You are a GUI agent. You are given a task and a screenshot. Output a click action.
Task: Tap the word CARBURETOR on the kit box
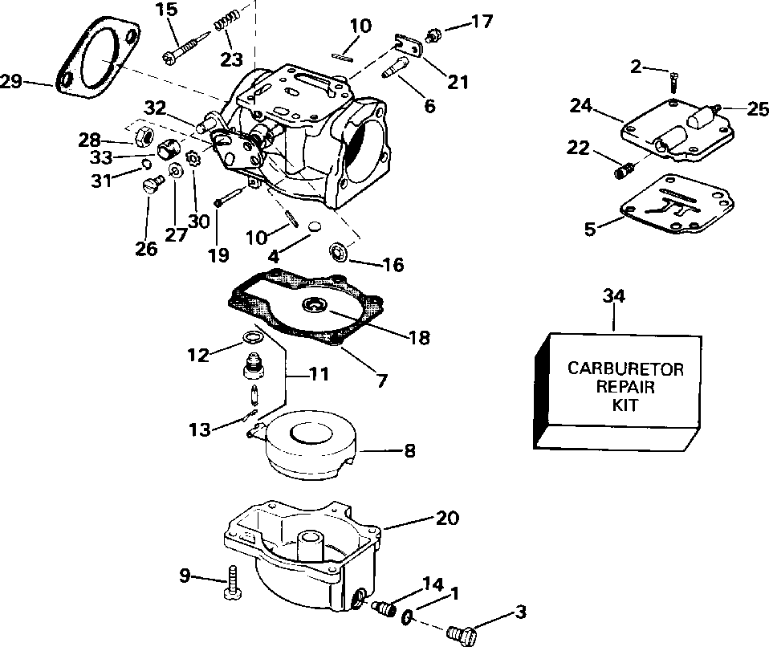coord(625,369)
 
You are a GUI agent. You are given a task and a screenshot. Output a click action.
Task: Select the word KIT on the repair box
coord(625,405)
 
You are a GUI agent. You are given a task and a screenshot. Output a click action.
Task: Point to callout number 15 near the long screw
coord(166,10)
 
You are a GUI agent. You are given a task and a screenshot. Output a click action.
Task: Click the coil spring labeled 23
coord(227,35)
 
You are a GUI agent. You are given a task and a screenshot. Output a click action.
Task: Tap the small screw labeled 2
coord(674,81)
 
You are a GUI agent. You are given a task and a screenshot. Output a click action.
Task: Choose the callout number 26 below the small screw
coord(146,249)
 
